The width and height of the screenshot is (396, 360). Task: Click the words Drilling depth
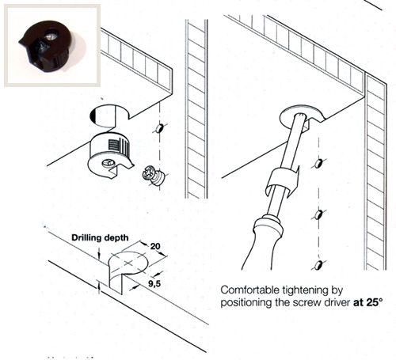[100, 238]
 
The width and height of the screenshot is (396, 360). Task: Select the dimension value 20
[155, 246]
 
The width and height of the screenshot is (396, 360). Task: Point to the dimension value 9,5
[154, 284]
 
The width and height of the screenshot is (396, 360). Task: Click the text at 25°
[367, 302]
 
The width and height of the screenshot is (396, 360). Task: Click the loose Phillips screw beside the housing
[152, 175]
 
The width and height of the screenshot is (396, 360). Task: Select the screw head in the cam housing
[109, 164]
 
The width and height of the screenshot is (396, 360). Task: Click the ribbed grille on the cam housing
[113, 146]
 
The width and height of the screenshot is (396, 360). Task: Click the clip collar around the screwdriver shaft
[283, 182]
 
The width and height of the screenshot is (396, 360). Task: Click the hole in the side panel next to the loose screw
[159, 128]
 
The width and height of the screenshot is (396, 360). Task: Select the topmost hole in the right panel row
[318, 164]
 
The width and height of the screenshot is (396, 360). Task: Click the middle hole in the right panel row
[319, 215]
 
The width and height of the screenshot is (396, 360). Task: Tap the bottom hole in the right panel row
[319, 264]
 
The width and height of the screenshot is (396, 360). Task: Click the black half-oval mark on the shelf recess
[93, 116]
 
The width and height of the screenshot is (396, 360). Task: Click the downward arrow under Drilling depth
[99, 252]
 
